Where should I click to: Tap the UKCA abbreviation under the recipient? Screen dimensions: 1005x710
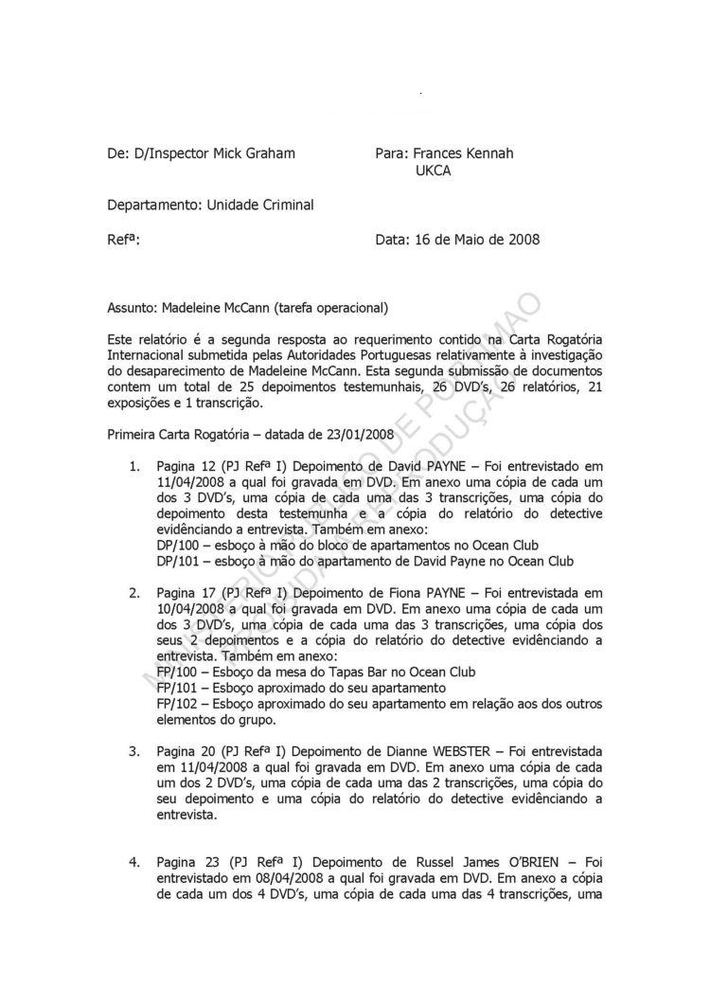(x=433, y=170)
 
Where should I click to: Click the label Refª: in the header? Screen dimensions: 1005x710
(x=124, y=240)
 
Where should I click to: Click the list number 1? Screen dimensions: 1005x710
(x=135, y=467)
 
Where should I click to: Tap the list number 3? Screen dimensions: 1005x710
(x=135, y=751)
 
